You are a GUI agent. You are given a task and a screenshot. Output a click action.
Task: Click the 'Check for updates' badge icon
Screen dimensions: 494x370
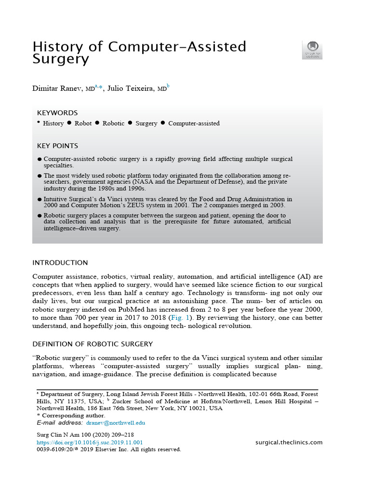point(312,50)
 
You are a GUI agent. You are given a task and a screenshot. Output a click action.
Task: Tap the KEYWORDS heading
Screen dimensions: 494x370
point(57,113)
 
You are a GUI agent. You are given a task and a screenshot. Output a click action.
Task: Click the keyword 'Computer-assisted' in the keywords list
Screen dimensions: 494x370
point(194,123)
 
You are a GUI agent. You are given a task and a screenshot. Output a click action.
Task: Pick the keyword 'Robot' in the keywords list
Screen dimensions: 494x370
point(83,123)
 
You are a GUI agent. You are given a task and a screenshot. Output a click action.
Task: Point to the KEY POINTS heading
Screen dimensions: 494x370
point(57,146)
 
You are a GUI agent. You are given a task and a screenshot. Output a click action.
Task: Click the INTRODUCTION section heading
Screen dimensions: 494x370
point(60,263)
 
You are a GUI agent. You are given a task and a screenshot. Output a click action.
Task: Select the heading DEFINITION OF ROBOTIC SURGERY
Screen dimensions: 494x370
point(92,344)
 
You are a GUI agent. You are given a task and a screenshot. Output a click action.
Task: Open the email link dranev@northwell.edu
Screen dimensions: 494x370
point(116,423)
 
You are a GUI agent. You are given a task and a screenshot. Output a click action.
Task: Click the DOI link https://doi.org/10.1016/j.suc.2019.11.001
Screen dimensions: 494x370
point(90,442)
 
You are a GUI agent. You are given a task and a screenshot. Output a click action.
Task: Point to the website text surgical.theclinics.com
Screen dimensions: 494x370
point(289,442)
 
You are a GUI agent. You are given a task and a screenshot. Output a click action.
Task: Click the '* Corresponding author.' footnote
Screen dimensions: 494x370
point(71,415)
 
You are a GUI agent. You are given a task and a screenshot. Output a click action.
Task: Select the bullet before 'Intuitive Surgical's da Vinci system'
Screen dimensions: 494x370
point(40,199)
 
